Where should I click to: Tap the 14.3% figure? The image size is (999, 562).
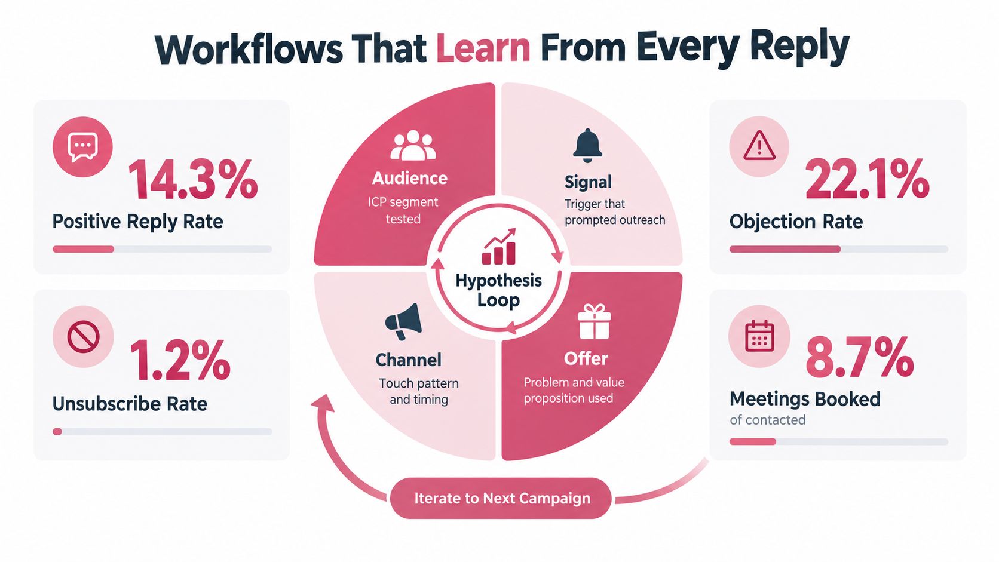[192, 180]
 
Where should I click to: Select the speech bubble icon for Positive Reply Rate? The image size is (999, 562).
[82, 147]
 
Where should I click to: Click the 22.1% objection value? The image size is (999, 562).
[867, 180]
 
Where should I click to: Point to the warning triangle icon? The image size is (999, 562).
[759, 146]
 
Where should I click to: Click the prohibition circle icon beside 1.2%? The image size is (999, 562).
[83, 336]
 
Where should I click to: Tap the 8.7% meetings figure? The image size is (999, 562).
[860, 357]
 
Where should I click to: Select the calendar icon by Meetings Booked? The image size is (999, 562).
[759, 336]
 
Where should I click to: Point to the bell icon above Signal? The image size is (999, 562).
[587, 145]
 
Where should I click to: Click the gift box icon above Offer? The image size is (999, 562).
[593, 321]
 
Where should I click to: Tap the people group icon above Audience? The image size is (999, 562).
[413, 145]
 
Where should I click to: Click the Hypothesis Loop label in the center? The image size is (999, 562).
[499, 290]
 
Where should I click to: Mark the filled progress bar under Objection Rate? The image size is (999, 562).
[785, 249]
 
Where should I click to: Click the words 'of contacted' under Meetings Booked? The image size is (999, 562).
[768, 420]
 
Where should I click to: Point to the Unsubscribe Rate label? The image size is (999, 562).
[130, 404]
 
